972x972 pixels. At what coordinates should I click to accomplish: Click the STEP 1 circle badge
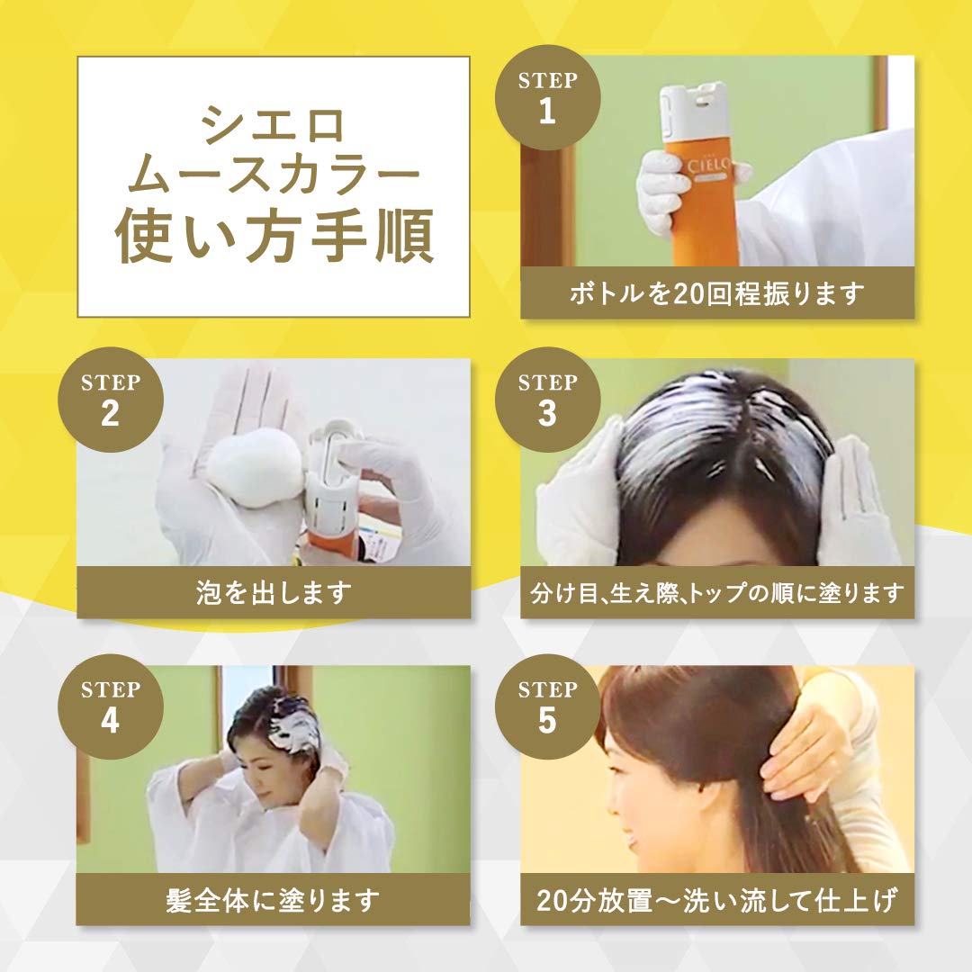pyautogui.click(x=547, y=96)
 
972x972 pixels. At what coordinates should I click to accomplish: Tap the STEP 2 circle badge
pyautogui.click(x=110, y=400)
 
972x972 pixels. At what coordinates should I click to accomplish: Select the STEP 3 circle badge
pyautogui.click(x=547, y=400)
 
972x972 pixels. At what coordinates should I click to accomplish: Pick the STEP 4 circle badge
pyautogui.click(x=110, y=706)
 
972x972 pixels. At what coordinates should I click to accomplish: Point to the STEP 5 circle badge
pyautogui.click(x=547, y=706)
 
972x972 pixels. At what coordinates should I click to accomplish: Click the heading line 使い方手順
pyautogui.click(x=274, y=237)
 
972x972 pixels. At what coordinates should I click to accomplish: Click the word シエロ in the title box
pyautogui.click(x=274, y=125)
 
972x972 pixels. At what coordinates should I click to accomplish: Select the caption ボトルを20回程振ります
pyautogui.click(x=717, y=293)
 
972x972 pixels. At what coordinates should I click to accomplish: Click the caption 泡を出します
pyautogui.click(x=274, y=593)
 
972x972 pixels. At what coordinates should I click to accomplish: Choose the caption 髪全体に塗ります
pyautogui.click(x=274, y=900)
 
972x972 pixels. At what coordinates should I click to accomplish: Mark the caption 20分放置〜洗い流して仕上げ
pyautogui.click(x=717, y=900)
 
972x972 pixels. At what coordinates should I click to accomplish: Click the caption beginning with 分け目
pyautogui.click(x=717, y=593)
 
